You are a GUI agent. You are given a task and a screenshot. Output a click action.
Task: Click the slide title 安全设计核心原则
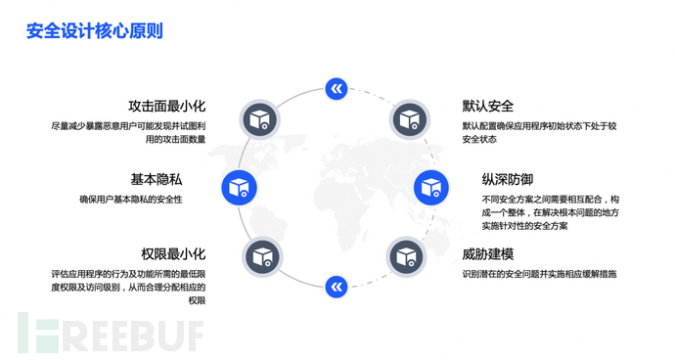pos(95,30)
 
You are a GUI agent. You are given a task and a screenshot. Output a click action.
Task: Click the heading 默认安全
pos(488,106)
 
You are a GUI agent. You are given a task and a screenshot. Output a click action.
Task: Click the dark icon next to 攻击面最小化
pos(259,118)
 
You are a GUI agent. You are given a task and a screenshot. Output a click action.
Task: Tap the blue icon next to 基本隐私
pos(239,187)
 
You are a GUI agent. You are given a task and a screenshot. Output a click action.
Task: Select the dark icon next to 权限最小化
pos(260,256)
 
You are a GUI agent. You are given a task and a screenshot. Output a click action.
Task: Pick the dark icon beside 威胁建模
pos(409,256)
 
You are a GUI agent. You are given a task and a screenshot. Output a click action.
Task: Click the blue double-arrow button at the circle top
pos(336,89)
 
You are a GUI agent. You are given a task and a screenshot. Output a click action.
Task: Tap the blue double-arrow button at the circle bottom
pos(336,286)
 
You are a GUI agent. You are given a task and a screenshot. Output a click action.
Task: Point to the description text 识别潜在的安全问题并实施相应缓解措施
pos(540,274)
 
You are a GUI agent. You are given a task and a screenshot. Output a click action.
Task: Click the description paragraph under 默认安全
pos(539,133)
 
